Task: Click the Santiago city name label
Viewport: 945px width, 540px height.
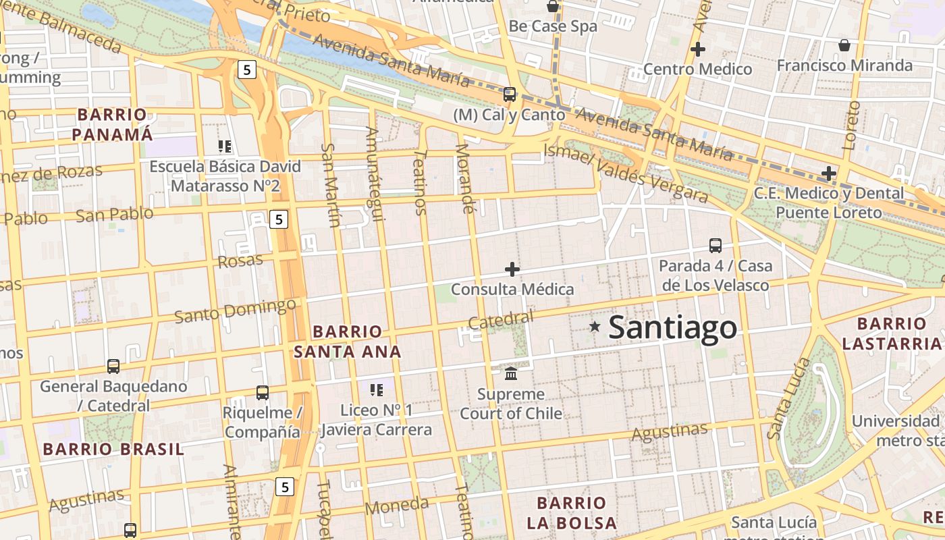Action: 672,328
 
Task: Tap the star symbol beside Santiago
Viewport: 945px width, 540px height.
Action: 595,327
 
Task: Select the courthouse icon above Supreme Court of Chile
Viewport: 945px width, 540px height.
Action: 511,373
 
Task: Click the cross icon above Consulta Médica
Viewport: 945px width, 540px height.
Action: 512,269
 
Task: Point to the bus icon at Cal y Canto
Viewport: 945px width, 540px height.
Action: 510,94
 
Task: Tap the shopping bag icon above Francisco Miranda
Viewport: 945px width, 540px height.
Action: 844,45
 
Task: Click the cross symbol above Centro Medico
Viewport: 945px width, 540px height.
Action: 698,49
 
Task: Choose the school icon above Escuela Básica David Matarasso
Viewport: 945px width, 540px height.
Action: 225,146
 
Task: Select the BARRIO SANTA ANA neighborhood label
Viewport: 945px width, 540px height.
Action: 348,342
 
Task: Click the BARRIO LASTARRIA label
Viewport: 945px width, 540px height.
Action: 892,333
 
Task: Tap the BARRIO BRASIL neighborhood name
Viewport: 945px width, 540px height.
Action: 113,449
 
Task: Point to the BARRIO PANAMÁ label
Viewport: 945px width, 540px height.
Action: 112,124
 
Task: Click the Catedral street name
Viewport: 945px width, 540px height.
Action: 500,320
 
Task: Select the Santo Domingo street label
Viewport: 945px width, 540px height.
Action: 235,310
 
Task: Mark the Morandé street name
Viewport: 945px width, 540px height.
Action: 465,178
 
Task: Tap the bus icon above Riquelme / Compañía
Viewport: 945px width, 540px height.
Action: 262,392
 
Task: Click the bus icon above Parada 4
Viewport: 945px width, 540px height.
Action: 715,246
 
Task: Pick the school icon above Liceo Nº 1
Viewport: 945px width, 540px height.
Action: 377,389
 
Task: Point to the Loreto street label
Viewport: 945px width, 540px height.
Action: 850,125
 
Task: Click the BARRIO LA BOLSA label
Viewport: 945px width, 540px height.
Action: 572,512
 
